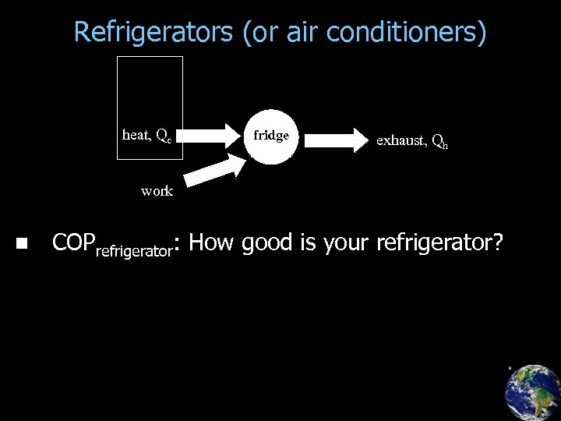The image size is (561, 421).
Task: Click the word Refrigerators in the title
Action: [153, 33]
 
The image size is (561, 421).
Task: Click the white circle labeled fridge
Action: [270, 136]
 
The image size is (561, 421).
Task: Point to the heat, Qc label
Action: [147, 136]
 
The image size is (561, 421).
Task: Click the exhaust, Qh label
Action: [411, 141]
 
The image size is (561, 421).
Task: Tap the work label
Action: [157, 191]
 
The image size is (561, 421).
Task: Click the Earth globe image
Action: [532, 392]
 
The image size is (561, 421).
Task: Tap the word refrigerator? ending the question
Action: [439, 243]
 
